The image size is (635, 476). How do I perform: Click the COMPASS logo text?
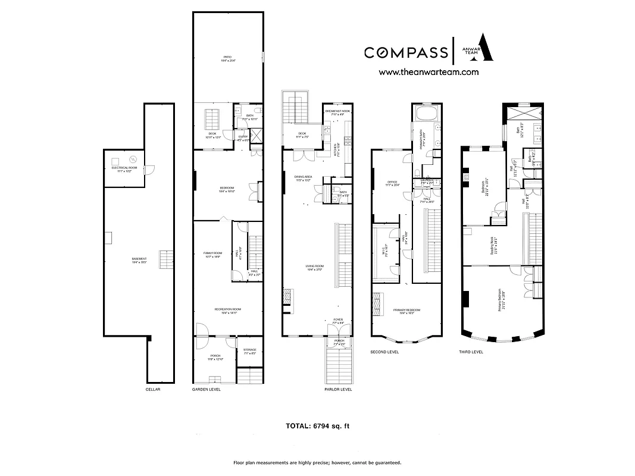(x=406, y=53)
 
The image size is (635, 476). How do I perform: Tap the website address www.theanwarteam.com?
(x=428, y=72)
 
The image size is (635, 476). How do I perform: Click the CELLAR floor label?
(x=153, y=389)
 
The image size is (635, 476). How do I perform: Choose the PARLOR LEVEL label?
(x=338, y=389)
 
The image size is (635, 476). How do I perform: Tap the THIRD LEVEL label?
(x=471, y=352)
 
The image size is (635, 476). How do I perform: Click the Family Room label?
(x=212, y=255)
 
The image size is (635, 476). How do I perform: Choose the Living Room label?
(x=315, y=267)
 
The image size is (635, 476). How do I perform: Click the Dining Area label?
(x=304, y=178)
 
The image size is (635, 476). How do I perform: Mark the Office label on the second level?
(x=392, y=183)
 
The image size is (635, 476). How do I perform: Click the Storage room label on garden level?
(x=249, y=352)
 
